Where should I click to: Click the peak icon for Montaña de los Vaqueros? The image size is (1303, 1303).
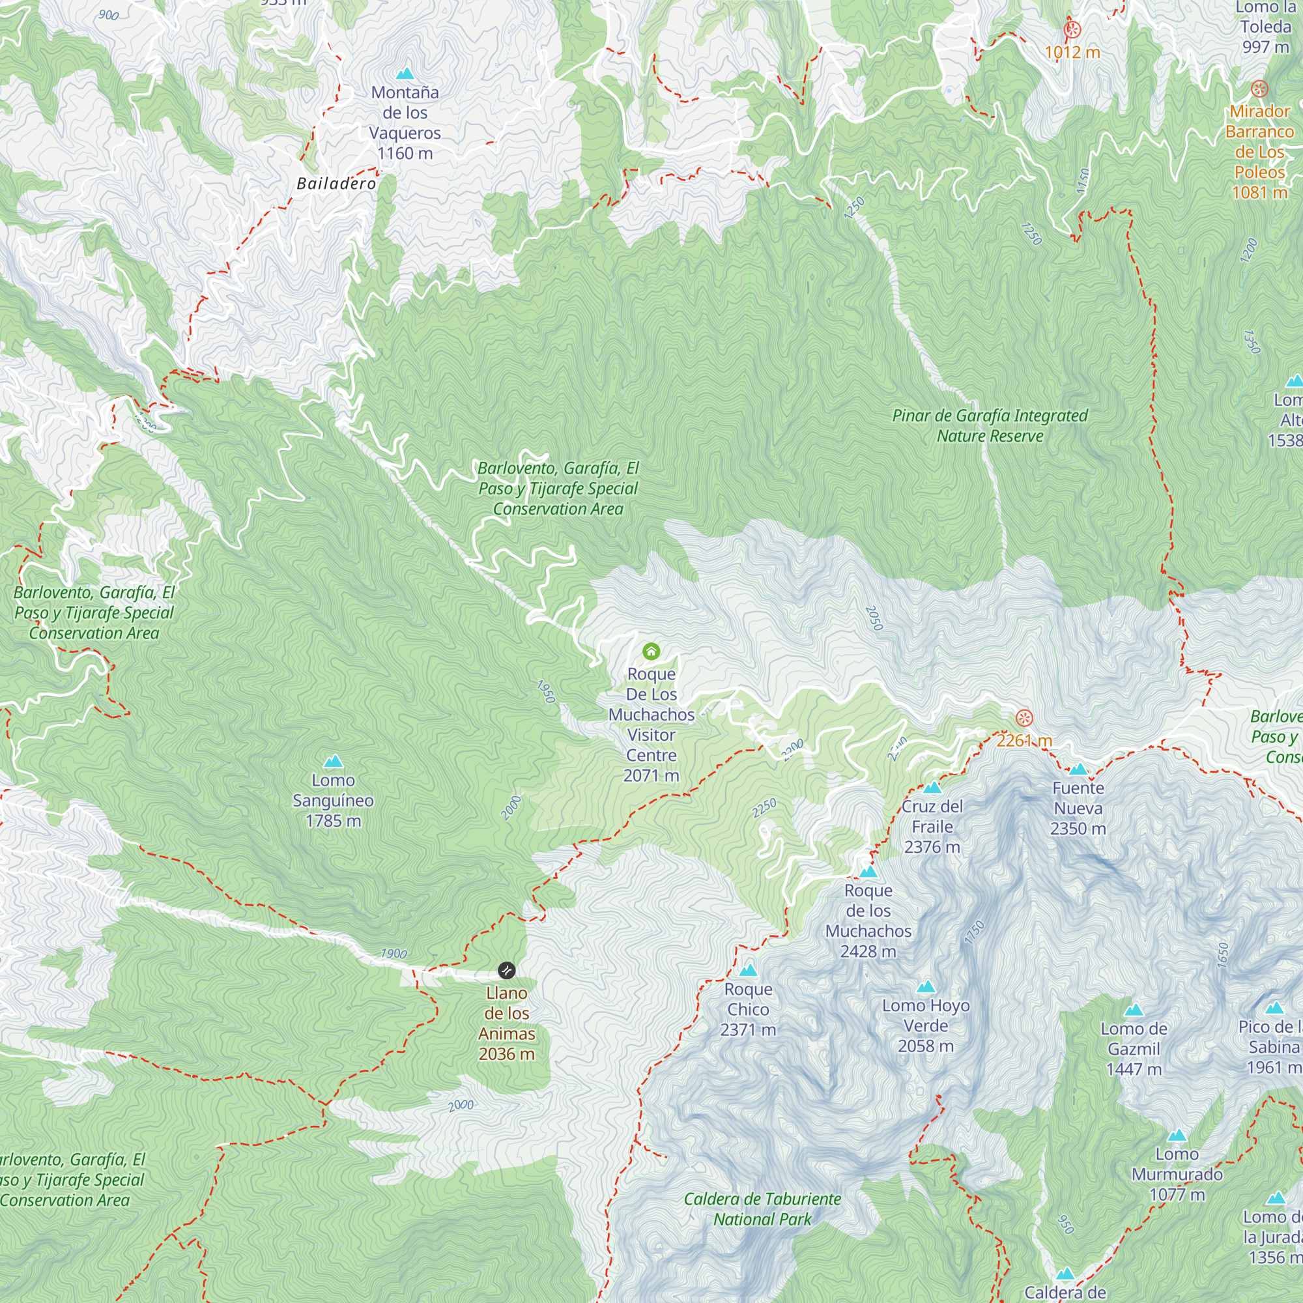pos(405,74)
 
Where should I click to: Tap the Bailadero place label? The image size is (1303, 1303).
pos(337,184)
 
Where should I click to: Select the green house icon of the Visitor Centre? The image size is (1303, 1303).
pos(651,651)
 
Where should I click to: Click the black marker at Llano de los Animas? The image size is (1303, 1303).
pos(506,971)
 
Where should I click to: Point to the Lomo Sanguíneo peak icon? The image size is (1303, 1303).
pos(333,762)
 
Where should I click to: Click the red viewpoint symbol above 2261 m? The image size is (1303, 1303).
pos(1024,717)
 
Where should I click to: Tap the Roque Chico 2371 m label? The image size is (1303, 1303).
pos(748,1009)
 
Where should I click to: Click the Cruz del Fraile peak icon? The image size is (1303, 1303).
pos(932,787)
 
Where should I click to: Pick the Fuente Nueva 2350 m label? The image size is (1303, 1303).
pos(1078,808)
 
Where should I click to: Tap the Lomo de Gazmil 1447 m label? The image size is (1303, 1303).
pos(1134,1049)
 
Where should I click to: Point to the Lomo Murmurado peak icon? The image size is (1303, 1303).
pos(1177,1135)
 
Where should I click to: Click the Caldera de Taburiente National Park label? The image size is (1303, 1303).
pos(762,1209)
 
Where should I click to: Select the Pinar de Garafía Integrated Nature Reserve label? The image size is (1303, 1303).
pos(990,425)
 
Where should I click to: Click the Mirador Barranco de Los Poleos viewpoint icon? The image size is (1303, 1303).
pos(1259,89)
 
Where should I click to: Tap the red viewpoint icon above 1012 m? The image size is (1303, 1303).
pos(1072,30)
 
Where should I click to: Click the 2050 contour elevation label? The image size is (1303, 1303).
pos(874,618)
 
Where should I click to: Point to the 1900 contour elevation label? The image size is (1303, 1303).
pos(394,953)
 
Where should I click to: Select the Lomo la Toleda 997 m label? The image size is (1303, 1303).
pos(1265,27)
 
